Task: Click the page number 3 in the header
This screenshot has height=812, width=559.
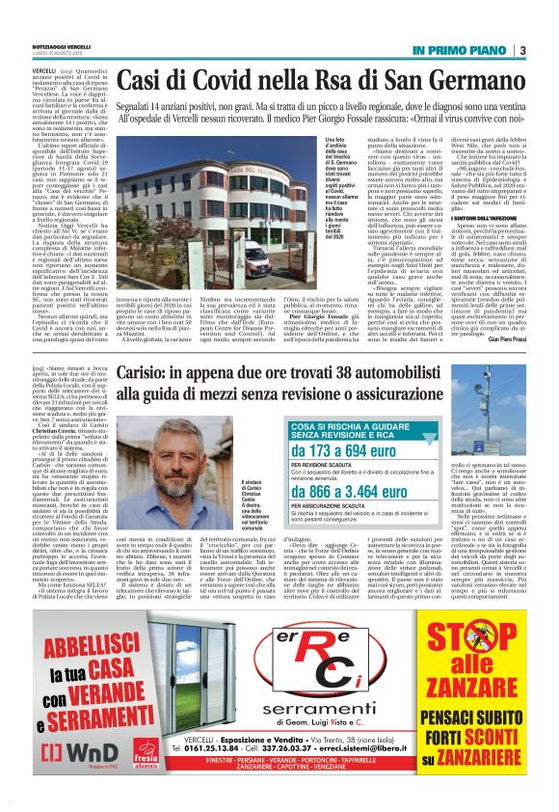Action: tap(521, 50)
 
